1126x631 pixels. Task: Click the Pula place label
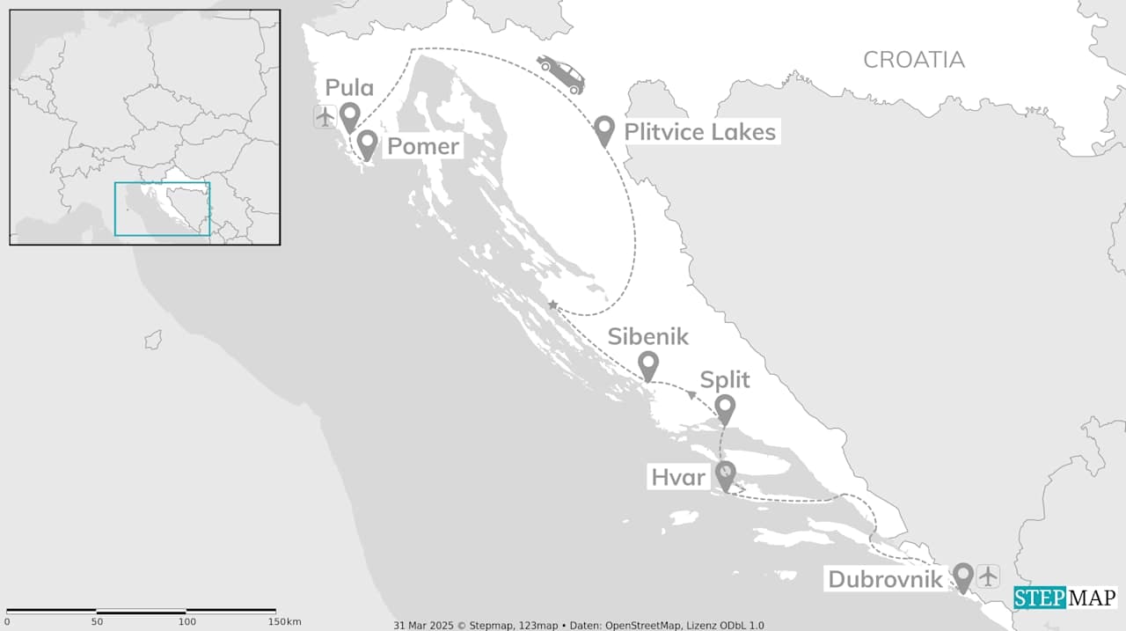coord(349,87)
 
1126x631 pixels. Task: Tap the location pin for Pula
coord(350,116)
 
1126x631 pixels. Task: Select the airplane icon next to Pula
coord(325,116)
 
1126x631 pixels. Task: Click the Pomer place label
coord(423,146)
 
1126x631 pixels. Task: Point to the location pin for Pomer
coord(367,144)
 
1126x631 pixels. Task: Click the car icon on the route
coord(560,74)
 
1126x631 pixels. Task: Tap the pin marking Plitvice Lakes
coord(603,130)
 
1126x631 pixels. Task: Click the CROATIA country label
coord(913,60)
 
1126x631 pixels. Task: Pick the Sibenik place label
coord(648,336)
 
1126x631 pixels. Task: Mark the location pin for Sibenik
coord(648,364)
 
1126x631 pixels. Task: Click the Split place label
coord(725,380)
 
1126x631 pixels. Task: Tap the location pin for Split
coord(725,408)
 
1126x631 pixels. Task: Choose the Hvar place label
coord(678,478)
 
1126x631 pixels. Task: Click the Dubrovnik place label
coord(886,580)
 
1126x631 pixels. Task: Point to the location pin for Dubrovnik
coord(963,576)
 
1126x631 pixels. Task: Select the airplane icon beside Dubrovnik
coord(989,576)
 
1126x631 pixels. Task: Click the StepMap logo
coord(1064,598)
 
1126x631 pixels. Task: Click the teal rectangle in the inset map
coord(162,209)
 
